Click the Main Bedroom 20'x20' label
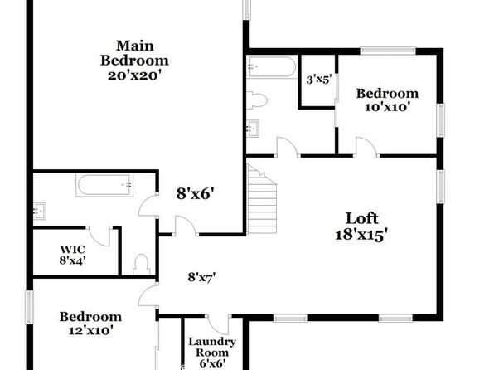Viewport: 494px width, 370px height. click(x=134, y=61)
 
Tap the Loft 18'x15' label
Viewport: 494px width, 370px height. click(x=361, y=227)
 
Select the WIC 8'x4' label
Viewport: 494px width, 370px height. click(x=72, y=255)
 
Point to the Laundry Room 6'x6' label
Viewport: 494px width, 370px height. click(x=212, y=353)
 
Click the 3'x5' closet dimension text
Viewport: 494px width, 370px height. click(x=319, y=80)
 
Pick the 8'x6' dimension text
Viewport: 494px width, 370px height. click(x=197, y=193)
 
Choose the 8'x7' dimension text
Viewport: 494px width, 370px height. click(x=201, y=278)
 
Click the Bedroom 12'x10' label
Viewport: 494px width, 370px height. click(x=90, y=324)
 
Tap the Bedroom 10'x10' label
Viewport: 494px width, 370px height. click(x=387, y=100)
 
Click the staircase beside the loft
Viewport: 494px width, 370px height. click(x=262, y=199)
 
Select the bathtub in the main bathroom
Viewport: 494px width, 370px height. click(x=104, y=185)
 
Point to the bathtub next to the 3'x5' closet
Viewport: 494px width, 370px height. click(x=272, y=67)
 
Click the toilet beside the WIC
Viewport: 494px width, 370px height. click(x=141, y=265)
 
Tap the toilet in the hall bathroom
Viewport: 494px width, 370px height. click(x=257, y=100)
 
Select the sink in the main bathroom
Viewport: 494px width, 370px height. click(x=40, y=211)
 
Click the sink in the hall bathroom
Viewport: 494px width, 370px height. click(x=253, y=129)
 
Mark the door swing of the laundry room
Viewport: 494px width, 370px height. click(x=218, y=325)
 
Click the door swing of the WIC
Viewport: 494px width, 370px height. click(x=99, y=236)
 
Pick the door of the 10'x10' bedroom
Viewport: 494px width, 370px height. click(x=367, y=147)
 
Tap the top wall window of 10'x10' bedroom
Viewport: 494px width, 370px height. click(x=388, y=51)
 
